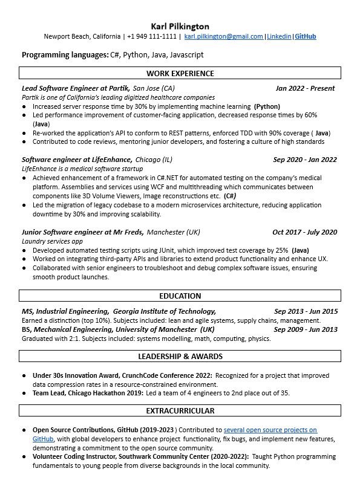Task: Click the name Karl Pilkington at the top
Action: tap(180, 26)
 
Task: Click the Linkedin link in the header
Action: tap(279, 36)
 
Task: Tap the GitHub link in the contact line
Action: tap(305, 36)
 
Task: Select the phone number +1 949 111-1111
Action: tap(152, 36)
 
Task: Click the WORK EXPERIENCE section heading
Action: tap(180, 74)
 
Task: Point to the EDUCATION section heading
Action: tap(180, 296)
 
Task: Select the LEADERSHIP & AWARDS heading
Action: tap(180, 356)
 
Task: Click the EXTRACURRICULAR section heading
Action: tap(180, 411)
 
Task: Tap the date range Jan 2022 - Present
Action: tap(305, 88)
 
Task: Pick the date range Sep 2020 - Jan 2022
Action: tap(305, 160)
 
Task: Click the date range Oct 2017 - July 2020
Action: tap(304, 232)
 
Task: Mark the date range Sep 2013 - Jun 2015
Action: tap(306, 311)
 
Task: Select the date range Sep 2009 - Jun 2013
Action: tap(306, 329)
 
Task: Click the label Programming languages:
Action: tap(65, 54)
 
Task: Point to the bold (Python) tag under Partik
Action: tap(267, 106)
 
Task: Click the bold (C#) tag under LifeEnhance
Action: tap(230, 196)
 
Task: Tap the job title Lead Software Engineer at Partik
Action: tap(76, 88)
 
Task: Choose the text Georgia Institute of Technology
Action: tap(164, 311)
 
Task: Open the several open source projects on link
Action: tap(270, 430)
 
